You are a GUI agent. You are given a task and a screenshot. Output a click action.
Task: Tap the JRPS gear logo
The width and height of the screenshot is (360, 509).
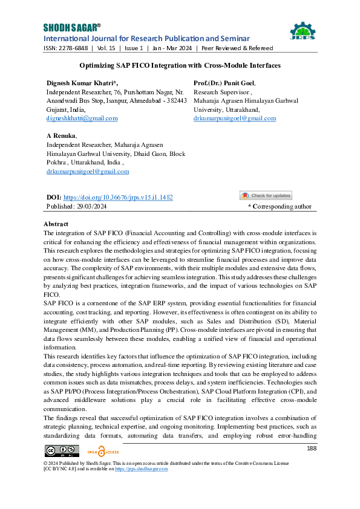pos(302,33)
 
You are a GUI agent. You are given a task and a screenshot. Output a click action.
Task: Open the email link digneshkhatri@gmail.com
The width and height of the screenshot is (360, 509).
pos(82,118)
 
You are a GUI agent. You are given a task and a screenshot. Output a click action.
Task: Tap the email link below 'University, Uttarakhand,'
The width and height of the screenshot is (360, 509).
pos(234,118)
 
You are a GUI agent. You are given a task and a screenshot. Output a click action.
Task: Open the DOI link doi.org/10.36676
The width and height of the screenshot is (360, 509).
pos(118,197)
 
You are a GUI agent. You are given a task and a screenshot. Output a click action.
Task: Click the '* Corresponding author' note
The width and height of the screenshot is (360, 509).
pos(280,206)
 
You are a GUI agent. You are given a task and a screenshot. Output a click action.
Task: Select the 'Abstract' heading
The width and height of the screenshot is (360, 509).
pos(56,224)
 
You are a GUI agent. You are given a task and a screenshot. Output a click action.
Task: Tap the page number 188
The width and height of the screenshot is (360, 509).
pos(312,448)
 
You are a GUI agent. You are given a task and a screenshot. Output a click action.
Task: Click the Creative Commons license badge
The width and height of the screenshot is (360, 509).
pos(62,450)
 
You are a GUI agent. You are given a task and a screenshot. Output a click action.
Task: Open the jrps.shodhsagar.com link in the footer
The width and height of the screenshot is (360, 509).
pos(142,468)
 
